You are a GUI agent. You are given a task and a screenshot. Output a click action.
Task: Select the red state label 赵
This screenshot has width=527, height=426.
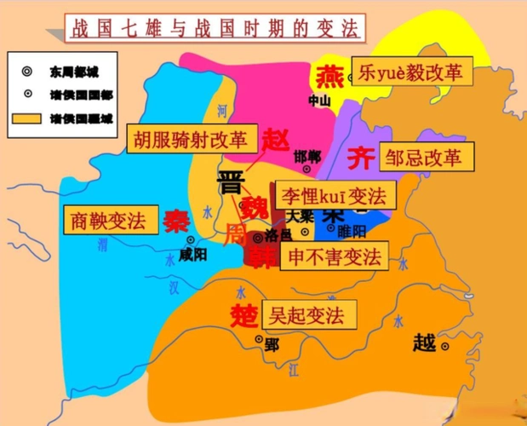point(277,139)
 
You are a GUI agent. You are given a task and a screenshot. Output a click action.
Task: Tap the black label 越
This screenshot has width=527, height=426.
point(424,343)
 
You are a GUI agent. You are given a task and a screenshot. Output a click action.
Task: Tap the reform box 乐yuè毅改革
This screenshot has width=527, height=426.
point(413,72)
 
